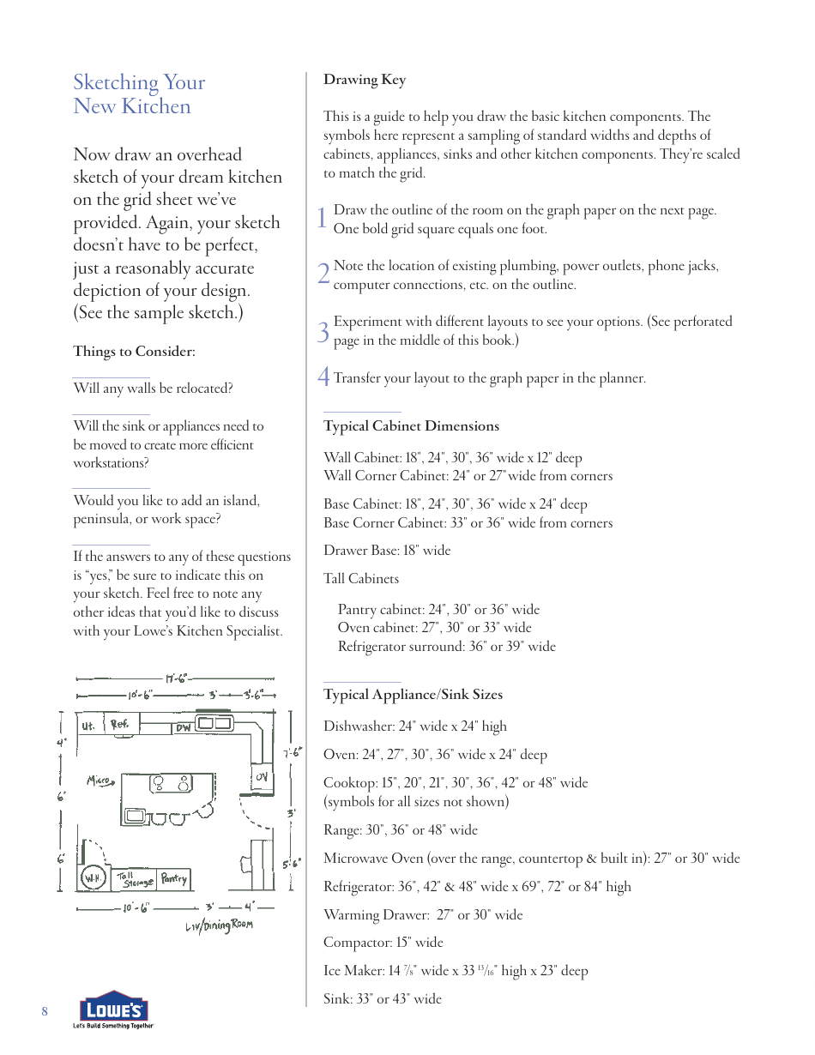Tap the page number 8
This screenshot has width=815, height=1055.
45,1012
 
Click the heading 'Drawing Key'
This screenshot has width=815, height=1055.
365,80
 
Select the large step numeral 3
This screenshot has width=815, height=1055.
323,332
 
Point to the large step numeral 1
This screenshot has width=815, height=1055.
322,219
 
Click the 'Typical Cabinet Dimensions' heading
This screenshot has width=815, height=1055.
411,426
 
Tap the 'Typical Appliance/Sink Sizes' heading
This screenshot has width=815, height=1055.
413,695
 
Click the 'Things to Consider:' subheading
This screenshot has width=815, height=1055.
134,352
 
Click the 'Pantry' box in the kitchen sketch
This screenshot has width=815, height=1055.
174,878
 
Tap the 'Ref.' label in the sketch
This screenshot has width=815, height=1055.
119,725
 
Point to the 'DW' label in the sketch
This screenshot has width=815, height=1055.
184,728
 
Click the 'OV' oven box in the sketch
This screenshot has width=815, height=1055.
261,777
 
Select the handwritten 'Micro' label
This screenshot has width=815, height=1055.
100,781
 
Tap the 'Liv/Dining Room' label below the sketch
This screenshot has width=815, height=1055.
220,926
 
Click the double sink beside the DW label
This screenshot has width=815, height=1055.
215,723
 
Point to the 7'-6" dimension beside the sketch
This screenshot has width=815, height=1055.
292,753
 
